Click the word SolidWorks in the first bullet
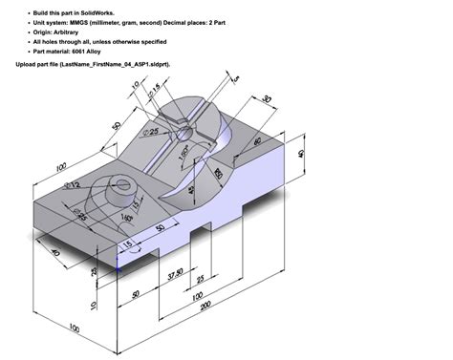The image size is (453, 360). click(102, 10)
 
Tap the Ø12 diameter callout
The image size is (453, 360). click(73, 184)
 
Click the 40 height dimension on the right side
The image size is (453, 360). click(301, 154)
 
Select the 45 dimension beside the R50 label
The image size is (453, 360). click(196, 190)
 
